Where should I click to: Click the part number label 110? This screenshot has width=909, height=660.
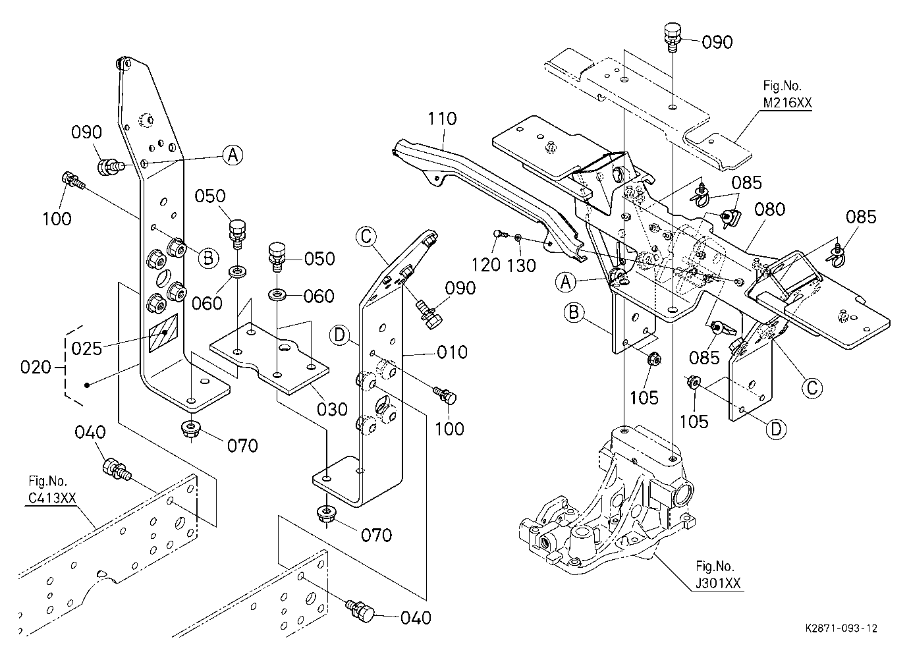point(443,119)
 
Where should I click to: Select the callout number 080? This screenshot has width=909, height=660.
point(770,209)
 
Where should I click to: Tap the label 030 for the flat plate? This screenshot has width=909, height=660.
point(332,410)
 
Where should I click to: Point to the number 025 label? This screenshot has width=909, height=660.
point(86,348)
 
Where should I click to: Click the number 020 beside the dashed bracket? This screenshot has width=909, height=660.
point(36,368)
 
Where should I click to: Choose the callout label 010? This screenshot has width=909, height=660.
point(452,352)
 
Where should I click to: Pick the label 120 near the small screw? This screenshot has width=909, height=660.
point(485,265)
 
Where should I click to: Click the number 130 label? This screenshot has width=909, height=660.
point(522,265)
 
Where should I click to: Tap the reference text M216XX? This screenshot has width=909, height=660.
point(787,103)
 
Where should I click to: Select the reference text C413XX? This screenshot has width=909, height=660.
point(52,498)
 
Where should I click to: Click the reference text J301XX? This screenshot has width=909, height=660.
point(718,584)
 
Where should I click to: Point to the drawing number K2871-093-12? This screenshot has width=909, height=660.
point(841,629)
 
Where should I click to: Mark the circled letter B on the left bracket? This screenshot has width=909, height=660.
point(208,258)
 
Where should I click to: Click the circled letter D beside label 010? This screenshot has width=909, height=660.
point(339,335)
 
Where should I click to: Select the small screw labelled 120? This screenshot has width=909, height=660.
point(499,234)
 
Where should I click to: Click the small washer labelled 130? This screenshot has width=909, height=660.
point(518,236)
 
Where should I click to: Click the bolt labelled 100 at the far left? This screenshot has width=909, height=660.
point(72,180)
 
